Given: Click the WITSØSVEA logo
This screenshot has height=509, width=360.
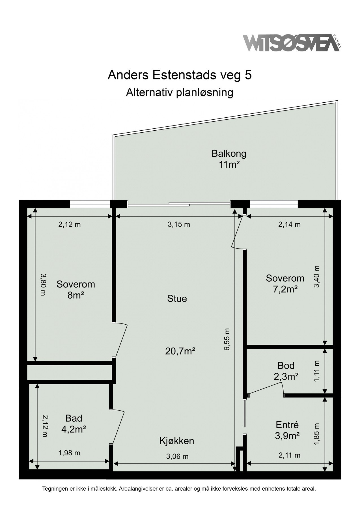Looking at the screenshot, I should [x=291, y=43].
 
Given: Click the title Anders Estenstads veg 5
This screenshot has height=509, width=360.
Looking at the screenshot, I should [x=180, y=75].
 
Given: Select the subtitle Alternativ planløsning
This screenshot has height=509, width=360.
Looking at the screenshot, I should [x=180, y=92].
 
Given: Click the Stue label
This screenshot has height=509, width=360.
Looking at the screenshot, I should [x=177, y=299].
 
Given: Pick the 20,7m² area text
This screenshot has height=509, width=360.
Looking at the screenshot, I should [x=180, y=351].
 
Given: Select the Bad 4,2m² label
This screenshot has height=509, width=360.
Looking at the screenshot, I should [x=74, y=424].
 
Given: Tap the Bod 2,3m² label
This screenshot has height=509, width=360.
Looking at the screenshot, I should [x=286, y=371].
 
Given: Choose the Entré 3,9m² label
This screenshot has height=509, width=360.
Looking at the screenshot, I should [x=287, y=430].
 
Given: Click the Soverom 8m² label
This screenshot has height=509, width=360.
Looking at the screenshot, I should [x=76, y=290].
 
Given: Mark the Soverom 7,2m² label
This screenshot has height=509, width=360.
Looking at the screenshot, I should [x=285, y=283].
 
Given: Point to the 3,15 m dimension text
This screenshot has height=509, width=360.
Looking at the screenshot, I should [x=179, y=225].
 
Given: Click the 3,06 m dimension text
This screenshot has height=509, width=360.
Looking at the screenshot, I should [x=177, y=456].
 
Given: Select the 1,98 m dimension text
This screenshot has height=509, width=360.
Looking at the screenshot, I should [x=69, y=453].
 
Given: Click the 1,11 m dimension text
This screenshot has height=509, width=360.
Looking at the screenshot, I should [x=317, y=371].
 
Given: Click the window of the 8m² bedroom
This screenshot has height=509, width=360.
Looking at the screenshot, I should [x=90, y=204].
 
